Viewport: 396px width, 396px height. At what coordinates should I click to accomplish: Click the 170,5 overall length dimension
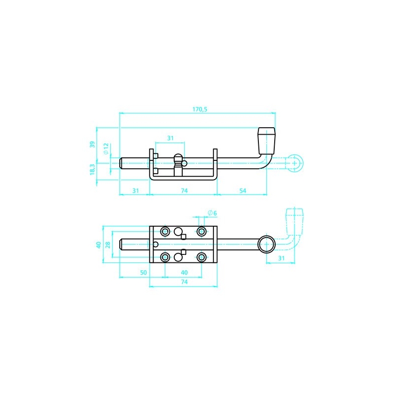pos(200,109)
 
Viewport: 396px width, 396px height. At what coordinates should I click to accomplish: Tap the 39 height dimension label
pos(93,145)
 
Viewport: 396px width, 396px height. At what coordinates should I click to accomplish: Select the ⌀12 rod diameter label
pos(106,148)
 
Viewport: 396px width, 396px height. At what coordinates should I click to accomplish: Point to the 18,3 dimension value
pos(93,169)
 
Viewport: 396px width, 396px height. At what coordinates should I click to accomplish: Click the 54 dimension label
pos(243,191)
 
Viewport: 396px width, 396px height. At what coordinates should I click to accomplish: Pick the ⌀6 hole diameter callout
pos(212,213)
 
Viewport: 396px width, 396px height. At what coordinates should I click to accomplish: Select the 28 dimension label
pos(108,245)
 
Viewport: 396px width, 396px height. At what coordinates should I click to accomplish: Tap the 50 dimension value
pos(143,273)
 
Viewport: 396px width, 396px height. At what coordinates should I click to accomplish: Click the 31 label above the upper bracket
pos(170,138)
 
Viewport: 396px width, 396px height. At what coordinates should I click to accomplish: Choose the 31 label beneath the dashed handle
pos(281,258)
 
